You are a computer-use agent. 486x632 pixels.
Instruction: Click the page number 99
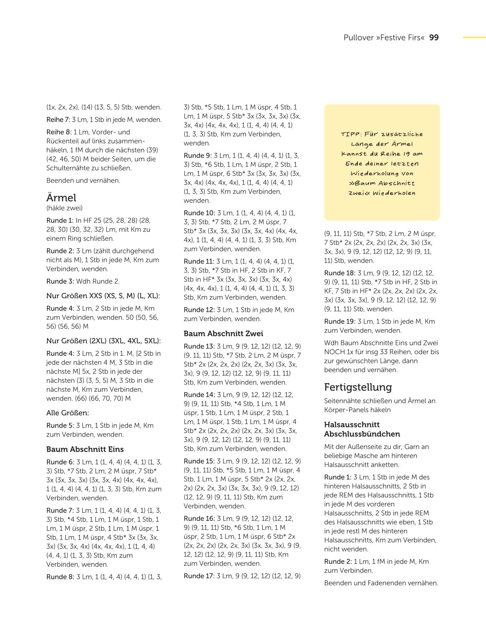pos(434,38)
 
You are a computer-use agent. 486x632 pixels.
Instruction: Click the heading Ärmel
pos(61,198)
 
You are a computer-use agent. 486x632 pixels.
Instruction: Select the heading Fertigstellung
pos(358,387)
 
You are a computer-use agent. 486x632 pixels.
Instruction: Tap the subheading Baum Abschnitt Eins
pos(85,449)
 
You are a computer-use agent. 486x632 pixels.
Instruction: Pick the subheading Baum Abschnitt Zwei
pos(223,334)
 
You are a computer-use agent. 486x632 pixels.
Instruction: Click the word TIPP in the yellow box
pos(351,134)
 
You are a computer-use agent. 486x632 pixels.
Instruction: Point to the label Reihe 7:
pos(58,120)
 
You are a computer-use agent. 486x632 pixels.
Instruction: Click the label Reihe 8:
pos(58,132)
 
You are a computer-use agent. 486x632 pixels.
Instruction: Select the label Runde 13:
pos(199,346)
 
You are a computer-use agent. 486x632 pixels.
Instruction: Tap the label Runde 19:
pos(340,322)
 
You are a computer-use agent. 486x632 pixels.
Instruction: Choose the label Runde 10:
pos(199,213)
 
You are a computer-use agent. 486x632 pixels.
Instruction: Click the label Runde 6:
pos(60,462)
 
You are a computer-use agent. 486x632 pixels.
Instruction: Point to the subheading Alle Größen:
pos(67,413)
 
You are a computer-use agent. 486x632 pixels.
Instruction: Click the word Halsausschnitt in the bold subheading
pos(352,425)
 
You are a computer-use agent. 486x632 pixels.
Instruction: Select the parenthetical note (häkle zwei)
pos(65,208)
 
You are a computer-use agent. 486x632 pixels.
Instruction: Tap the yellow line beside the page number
pos(474,38)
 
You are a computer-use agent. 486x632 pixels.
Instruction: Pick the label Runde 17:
pos(199,576)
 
